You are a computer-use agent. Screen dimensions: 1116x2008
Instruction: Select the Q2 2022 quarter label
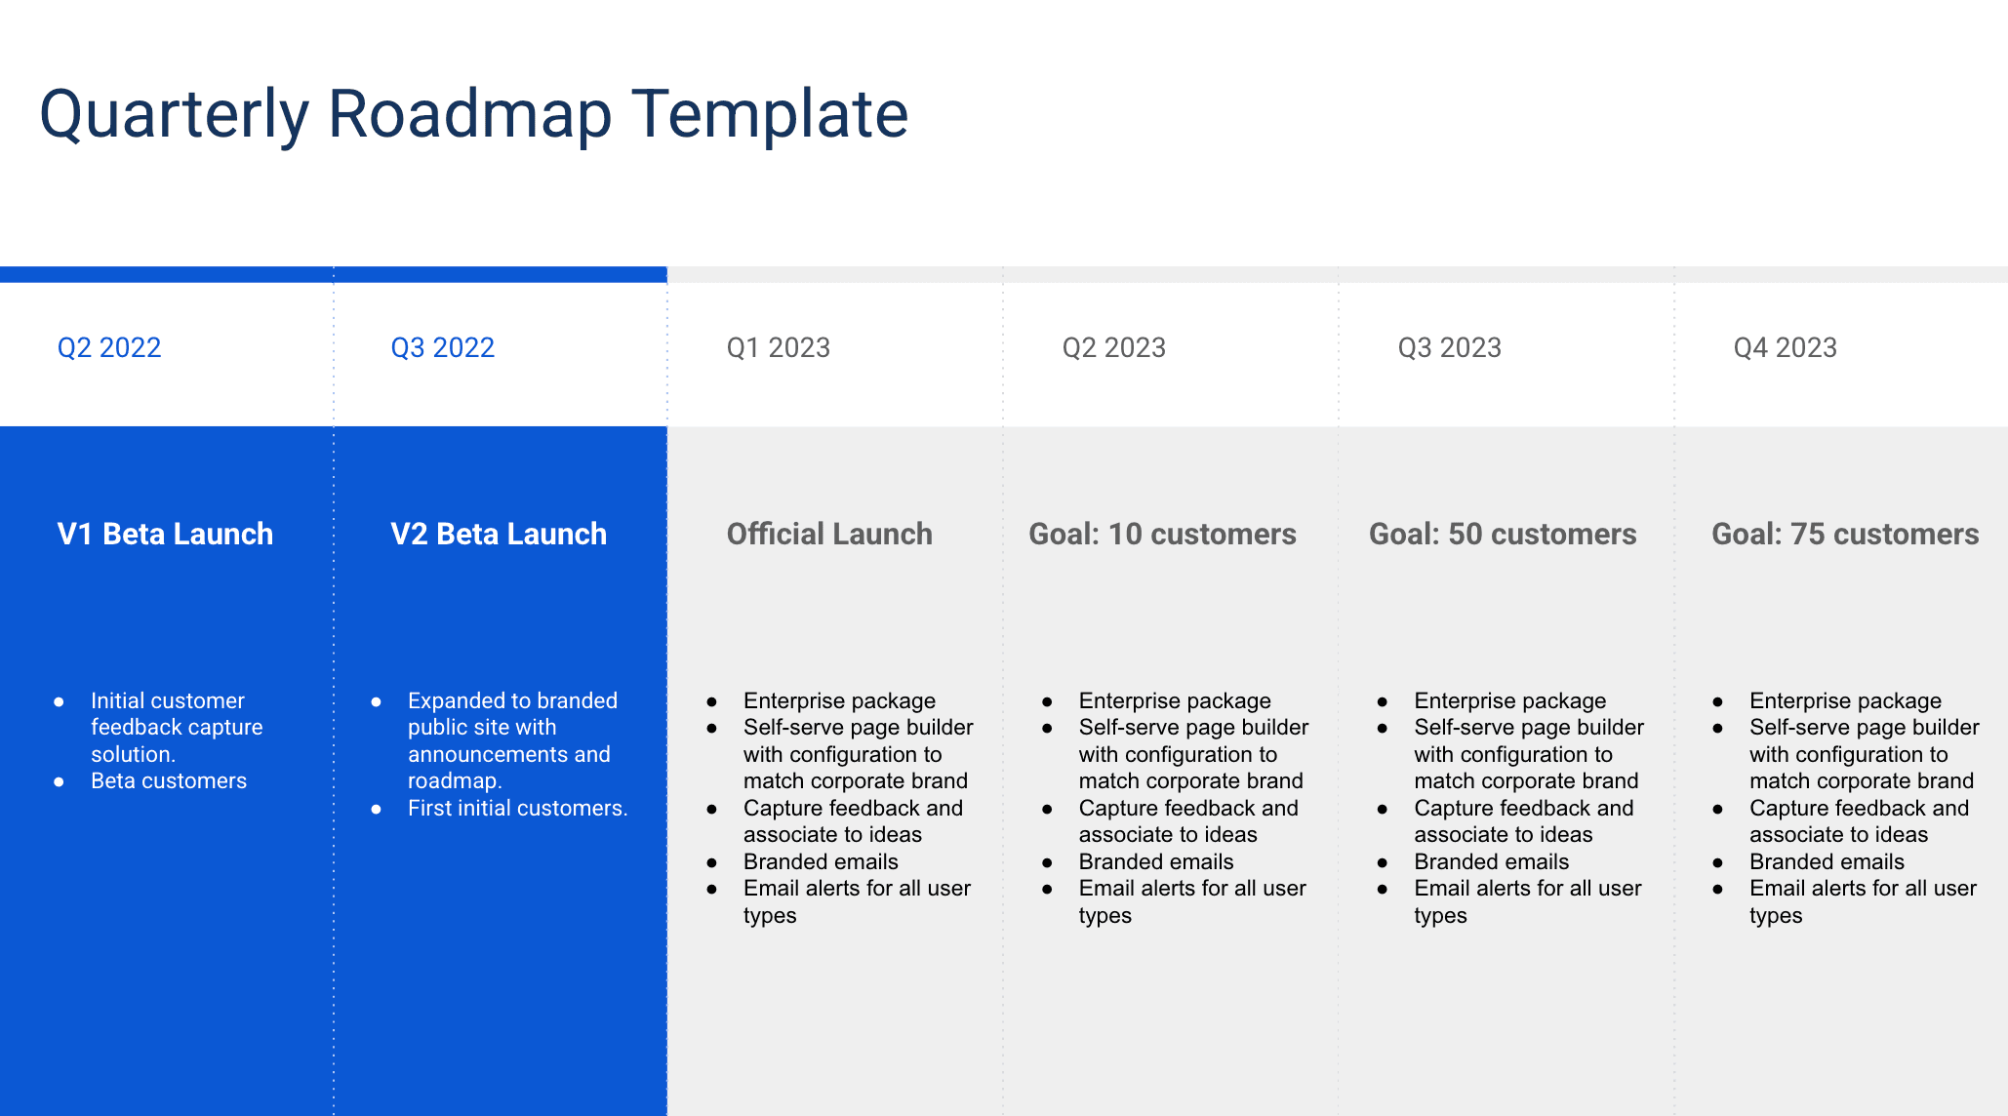pyautogui.click(x=109, y=347)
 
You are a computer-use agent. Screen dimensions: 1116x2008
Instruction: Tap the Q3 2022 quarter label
pyautogui.click(x=442, y=347)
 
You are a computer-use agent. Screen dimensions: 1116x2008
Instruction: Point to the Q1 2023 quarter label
pyautogui.click(x=778, y=347)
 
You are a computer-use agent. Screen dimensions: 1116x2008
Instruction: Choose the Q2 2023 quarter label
pyautogui.click(x=1113, y=347)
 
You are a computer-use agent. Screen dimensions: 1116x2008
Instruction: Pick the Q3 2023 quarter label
pyautogui.click(x=1449, y=347)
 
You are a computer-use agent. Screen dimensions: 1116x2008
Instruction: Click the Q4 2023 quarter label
pyautogui.click(x=1785, y=347)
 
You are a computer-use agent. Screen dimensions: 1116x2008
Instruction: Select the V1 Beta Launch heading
pyautogui.click(x=165, y=534)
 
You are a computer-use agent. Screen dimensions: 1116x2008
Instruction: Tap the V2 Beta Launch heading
pyautogui.click(x=499, y=534)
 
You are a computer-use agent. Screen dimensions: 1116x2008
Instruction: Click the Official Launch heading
pyautogui.click(x=829, y=534)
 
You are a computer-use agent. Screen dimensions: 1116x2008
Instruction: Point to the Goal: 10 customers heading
pyautogui.click(x=1162, y=534)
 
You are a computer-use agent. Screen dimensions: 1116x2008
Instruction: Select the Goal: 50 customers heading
pyautogui.click(x=1503, y=534)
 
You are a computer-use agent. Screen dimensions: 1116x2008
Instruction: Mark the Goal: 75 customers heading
pyautogui.click(x=1845, y=534)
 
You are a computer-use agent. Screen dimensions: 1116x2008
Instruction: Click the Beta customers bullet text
pyautogui.click(x=169, y=780)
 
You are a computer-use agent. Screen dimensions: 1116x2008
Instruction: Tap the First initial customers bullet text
pyautogui.click(x=517, y=808)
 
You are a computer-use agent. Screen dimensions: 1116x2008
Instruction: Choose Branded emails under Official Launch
pyautogui.click(x=821, y=861)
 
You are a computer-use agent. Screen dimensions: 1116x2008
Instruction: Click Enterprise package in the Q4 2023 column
pyautogui.click(x=1845, y=700)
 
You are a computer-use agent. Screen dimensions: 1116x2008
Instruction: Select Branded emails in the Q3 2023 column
pyautogui.click(x=1491, y=861)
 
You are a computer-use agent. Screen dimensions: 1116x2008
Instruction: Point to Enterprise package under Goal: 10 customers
pyautogui.click(x=1175, y=700)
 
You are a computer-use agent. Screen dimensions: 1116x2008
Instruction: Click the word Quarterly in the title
pyautogui.click(x=174, y=115)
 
